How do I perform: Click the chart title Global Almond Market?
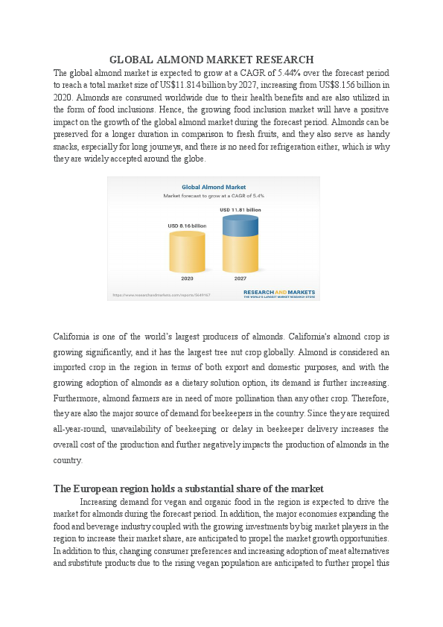[x=214, y=187]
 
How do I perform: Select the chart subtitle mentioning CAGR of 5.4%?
[x=214, y=196]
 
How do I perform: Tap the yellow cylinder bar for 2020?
[x=187, y=253]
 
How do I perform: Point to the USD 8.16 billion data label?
[x=187, y=226]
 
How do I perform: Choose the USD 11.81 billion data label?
[x=240, y=211]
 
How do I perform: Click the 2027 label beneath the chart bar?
[x=240, y=278]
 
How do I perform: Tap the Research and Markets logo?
[x=279, y=293]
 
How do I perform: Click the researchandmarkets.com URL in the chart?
[x=161, y=295]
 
